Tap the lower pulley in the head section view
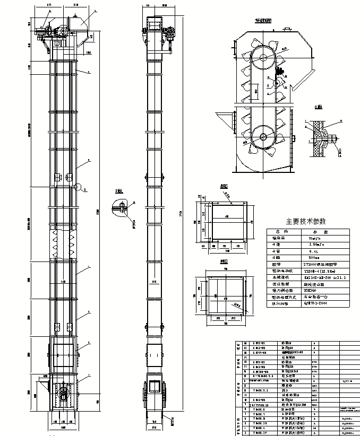264,135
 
